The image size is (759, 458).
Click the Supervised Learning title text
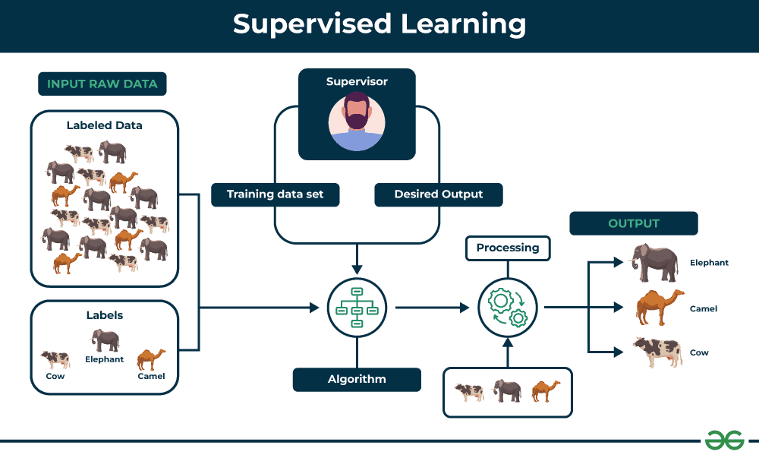pyautogui.click(x=379, y=24)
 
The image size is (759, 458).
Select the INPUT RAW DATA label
pyautogui.click(x=102, y=84)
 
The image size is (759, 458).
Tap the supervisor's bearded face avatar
pyautogui.click(x=357, y=122)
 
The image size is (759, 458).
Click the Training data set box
pyautogui.click(x=275, y=194)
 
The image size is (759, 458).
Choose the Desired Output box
pyautogui.click(x=438, y=194)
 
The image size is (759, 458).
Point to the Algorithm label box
pyautogui.click(x=357, y=379)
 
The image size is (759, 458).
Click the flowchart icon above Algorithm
pyautogui.click(x=357, y=308)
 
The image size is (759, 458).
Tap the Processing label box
pyautogui.click(x=507, y=248)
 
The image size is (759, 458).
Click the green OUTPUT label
pyautogui.click(x=633, y=223)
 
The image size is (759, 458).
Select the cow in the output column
pyautogui.click(x=657, y=352)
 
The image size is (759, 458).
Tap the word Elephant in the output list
pyautogui.click(x=709, y=263)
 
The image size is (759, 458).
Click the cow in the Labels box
pyautogui.click(x=55, y=359)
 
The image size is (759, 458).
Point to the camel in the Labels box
pyautogui.click(x=151, y=359)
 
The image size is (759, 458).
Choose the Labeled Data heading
pyautogui.click(x=104, y=125)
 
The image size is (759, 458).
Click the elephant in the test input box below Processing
pyautogui.click(x=507, y=391)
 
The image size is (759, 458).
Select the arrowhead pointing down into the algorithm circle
pyautogui.click(x=357, y=269)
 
